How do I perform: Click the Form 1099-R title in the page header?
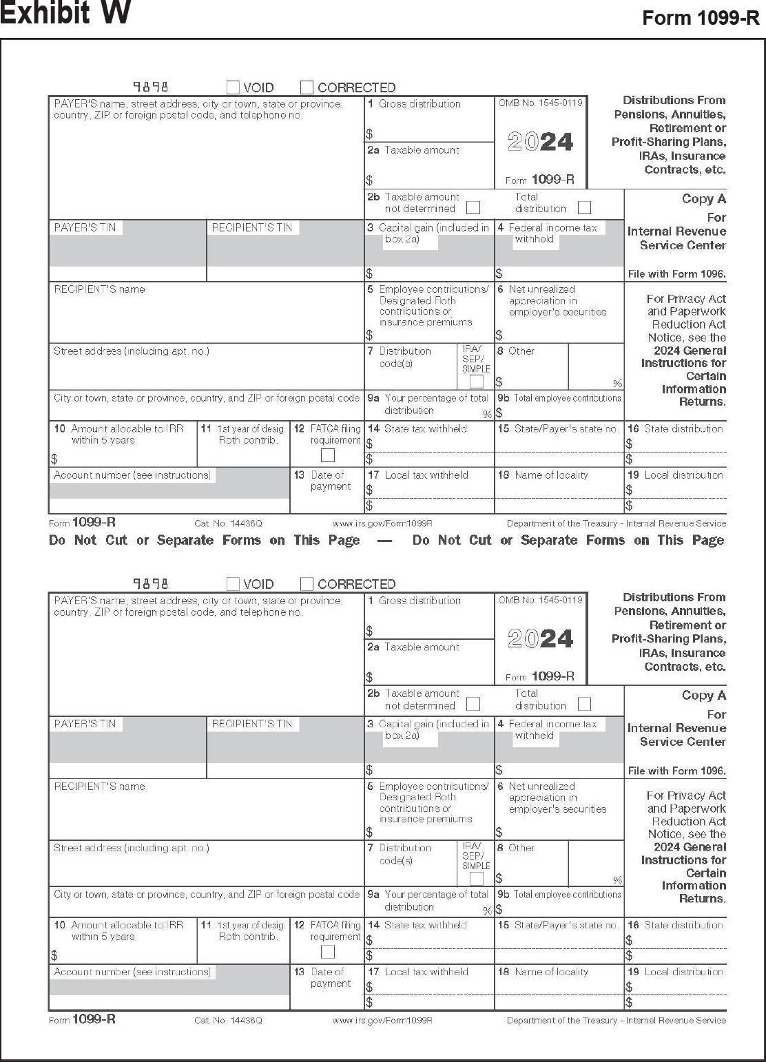701,18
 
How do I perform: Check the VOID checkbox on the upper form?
233,87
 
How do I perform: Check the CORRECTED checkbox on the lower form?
307,584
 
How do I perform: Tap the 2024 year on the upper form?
541,142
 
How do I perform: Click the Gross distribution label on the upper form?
420,104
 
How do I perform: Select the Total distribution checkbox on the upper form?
584,207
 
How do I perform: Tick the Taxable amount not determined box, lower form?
473,704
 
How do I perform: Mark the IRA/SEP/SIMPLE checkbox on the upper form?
476,382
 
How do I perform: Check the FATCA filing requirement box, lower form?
328,952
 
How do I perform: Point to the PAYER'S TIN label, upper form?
85,227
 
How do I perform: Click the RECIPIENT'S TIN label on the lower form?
252,724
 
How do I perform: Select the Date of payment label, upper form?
331,481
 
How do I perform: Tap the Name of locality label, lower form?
551,972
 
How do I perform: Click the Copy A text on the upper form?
703,199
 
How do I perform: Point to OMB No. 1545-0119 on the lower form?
541,600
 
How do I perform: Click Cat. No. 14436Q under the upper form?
228,524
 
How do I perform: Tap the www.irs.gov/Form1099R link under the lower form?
382,1020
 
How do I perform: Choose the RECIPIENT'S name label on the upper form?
100,289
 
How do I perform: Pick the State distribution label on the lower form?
683,925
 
